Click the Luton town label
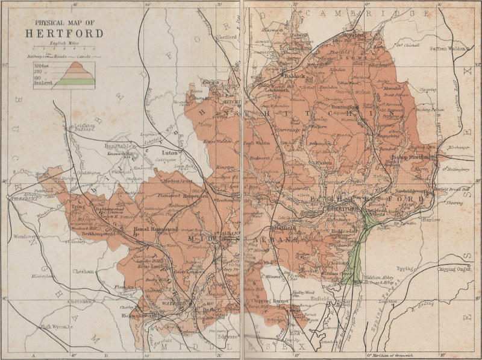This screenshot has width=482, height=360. pos(171,153)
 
